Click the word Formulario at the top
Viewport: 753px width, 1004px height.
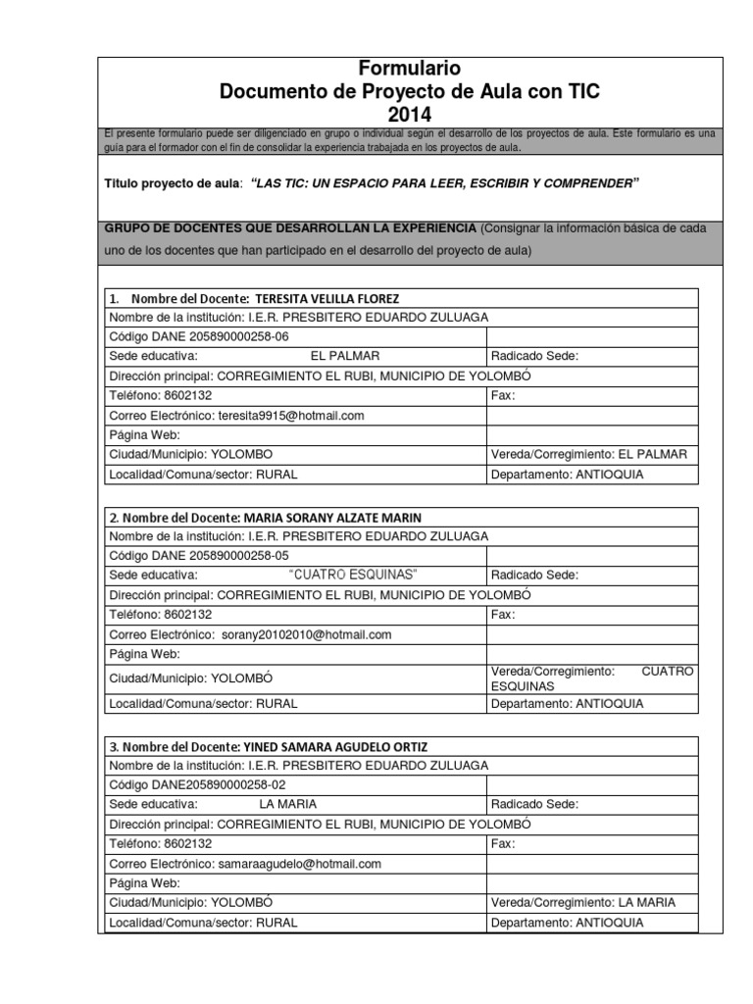[x=409, y=69]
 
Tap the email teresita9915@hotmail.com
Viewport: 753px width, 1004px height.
[x=291, y=416]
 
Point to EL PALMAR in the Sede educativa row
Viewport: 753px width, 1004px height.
[x=345, y=357]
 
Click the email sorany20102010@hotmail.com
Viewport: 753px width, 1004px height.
[x=306, y=635]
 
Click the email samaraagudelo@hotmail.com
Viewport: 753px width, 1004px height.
[x=299, y=864]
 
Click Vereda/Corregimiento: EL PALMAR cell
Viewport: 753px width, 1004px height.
[x=588, y=455]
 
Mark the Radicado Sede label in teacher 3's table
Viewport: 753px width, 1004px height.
[x=534, y=805]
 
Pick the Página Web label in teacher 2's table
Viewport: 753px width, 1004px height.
[x=144, y=654]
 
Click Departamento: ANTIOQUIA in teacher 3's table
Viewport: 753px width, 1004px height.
[x=568, y=923]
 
